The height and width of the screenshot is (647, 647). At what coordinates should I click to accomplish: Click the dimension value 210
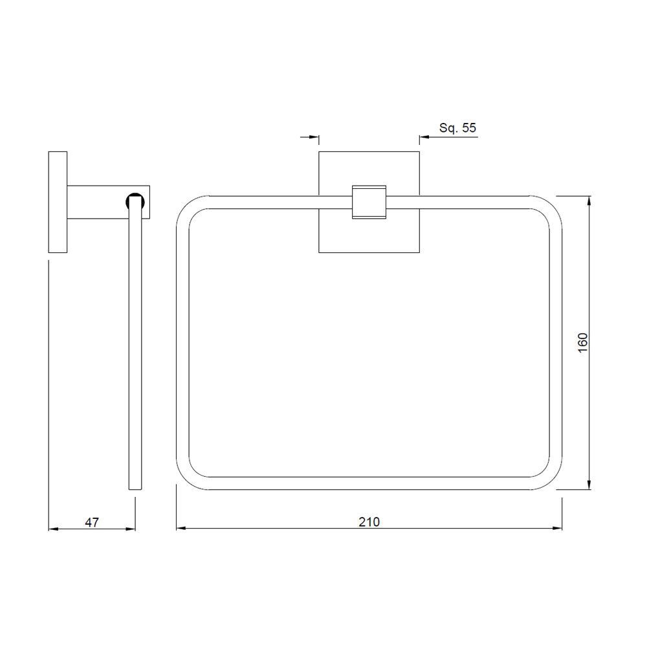[369, 521]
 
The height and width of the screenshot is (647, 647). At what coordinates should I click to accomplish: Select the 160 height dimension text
[582, 343]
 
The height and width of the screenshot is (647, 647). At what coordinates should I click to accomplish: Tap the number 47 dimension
[92, 521]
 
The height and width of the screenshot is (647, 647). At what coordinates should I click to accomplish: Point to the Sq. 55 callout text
[457, 128]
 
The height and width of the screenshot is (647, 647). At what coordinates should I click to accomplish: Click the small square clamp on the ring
[369, 202]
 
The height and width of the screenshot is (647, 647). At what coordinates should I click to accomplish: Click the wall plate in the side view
[58, 202]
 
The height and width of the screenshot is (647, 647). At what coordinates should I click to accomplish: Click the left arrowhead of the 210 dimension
[181, 529]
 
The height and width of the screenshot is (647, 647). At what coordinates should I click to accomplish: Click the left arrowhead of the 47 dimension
[54, 529]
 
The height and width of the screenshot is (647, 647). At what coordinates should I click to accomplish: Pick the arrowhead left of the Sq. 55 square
[314, 137]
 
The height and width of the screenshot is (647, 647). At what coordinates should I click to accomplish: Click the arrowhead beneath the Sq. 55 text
[425, 137]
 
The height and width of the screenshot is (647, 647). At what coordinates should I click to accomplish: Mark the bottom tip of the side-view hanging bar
[135, 487]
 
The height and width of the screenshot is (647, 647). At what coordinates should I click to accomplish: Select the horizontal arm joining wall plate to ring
[97, 202]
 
